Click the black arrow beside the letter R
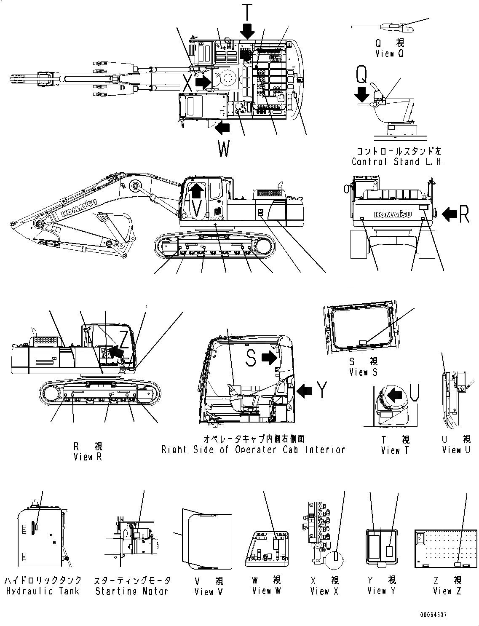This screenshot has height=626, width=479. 450,215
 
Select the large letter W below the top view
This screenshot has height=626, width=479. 224,149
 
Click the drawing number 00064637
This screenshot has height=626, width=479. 433,615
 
